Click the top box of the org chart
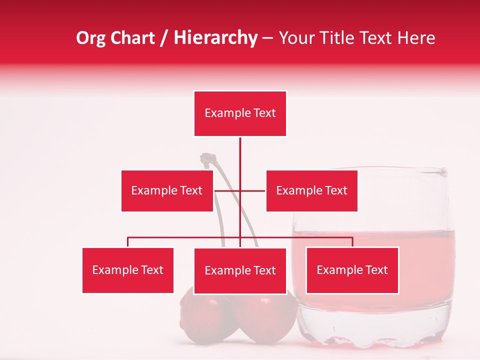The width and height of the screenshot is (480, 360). pyautogui.click(x=240, y=113)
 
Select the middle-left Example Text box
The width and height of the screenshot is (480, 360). pyautogui.click(x=167, y=190)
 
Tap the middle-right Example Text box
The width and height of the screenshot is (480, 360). pyautogui.click(x=311, y=190)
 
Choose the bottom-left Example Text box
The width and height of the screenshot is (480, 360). pyautogui.click(x=128, y=270)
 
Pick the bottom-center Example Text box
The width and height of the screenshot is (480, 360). pyautogui.click(x=240, y=270)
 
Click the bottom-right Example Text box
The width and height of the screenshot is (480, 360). pyautogui.click(x=352, y=270)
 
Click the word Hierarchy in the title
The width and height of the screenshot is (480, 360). pyautogui.click(x=215, y=38)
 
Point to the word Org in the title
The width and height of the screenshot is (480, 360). pyautogui.click(x=90, y=38)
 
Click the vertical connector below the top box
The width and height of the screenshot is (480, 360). pyautogui.click(x=240, y=160)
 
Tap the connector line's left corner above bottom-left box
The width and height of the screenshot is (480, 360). pyautogui.click(x=128, y=238)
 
